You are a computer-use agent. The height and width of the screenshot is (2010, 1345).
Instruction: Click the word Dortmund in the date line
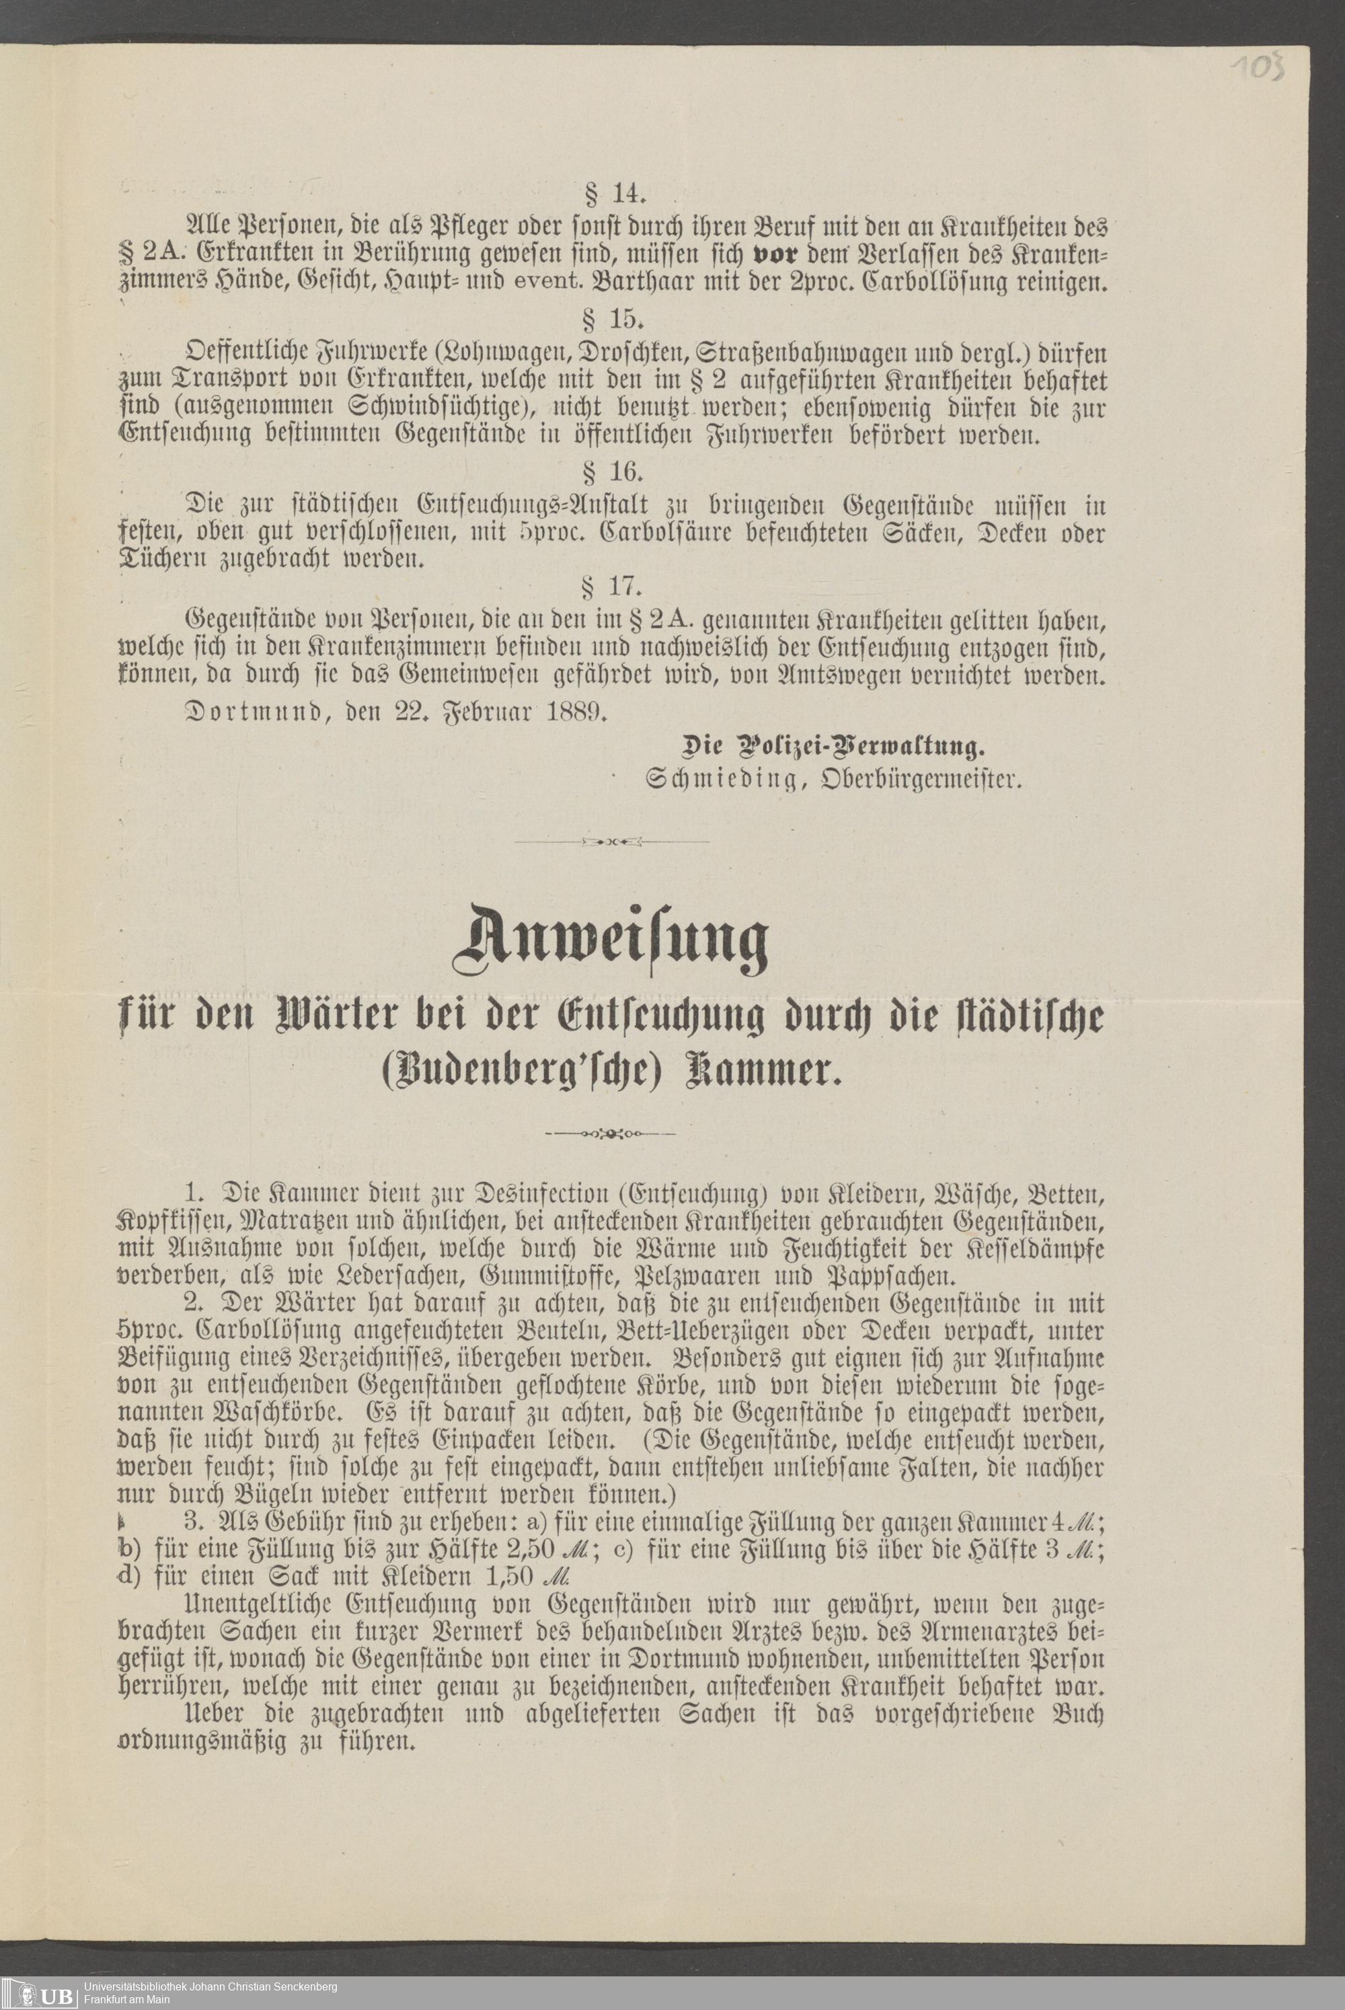252,712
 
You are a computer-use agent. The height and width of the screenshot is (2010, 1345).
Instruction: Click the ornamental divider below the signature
611,842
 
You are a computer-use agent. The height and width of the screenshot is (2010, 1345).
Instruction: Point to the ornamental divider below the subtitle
611,1134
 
